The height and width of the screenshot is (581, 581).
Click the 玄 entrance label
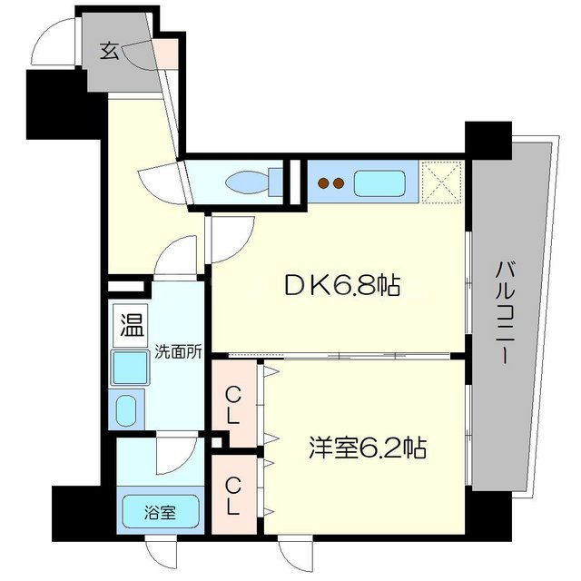[x=109, y=51]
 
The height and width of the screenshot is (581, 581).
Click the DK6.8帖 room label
[x=342, y=286]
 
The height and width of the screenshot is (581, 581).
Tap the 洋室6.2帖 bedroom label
[x=367, y=448]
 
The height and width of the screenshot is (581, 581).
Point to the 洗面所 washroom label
[x=175, y=351]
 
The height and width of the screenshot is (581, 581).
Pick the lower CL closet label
[x=233, y=496]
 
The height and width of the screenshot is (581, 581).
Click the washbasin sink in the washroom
[x=126, y=410]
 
